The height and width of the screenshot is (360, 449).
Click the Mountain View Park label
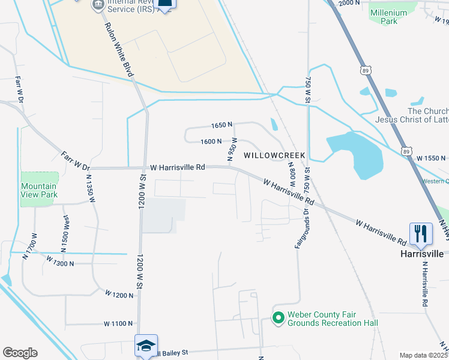(39, 190)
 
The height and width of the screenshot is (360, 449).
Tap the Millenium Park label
(393, 17)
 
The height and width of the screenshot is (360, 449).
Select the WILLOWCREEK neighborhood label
(274, 155)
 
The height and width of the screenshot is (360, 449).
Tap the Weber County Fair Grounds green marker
(278, 317)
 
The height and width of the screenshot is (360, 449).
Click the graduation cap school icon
(146, 346)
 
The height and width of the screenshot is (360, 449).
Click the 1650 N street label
(221, 125)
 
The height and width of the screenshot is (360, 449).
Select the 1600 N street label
(211, 142)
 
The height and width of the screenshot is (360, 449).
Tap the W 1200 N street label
(119, 295)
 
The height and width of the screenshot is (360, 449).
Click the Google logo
(20, 353)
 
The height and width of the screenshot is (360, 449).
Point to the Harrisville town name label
(422, 254)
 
